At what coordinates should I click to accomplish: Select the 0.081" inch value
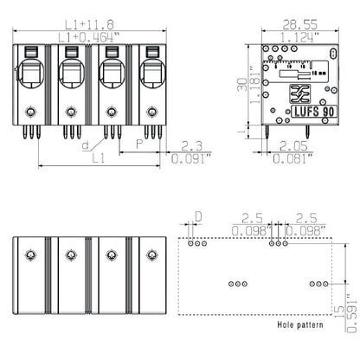(x=294, y=159)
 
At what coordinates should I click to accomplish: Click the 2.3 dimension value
(x=192, y=147)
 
